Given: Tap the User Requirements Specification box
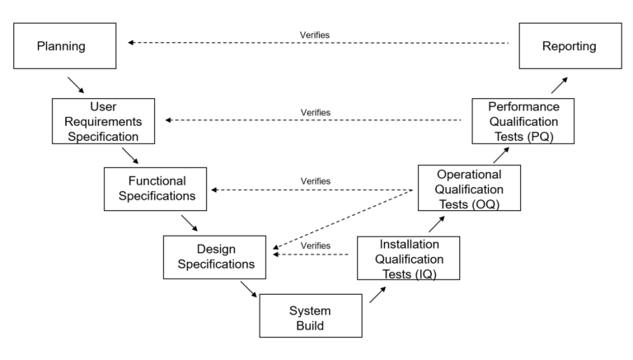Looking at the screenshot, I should tap(104, 121).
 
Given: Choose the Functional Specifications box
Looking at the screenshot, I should tap(156, 189).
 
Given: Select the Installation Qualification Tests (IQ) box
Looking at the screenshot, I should tap(407, 257).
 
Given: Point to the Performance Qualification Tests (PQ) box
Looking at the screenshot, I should tap(524, 121).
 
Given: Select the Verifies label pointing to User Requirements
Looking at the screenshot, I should tap(316, 113).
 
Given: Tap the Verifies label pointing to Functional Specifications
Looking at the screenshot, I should tap(316, 181).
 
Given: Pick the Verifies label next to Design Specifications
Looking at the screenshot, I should tap(316, 245).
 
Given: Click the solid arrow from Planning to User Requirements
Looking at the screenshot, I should tap(75, 85).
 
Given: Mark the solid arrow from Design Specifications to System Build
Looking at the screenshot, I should tap(249, 289).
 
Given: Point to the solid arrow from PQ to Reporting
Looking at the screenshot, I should tap(560, 86).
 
